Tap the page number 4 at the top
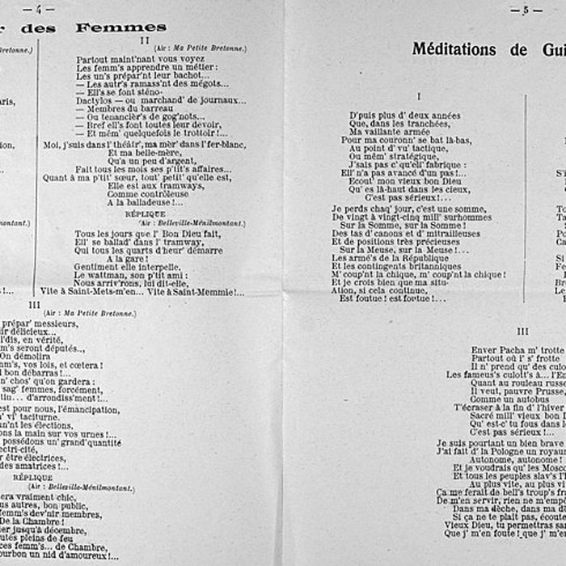[x=37, y=8]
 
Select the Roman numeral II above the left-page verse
[x=142, y=39]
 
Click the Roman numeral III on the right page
[x=522, y=331]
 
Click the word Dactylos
[x=94, y=100]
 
